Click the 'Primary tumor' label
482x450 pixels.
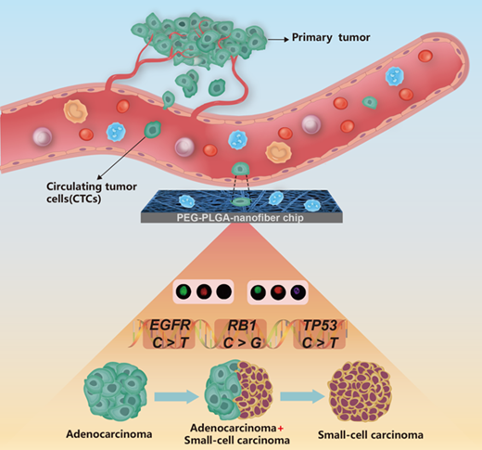click(331, 38)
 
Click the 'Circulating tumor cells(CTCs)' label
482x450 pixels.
click(92, 192)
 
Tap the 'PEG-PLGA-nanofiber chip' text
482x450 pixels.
click(240, 218)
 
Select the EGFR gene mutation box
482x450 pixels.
click(170, 334)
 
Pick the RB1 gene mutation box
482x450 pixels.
click(242, 334)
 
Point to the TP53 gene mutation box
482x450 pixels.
click(319, 334)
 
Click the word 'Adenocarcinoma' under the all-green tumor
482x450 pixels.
click(109, 434)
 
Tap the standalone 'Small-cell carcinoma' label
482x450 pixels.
click(371, 435)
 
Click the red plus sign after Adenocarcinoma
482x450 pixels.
click(281, 429)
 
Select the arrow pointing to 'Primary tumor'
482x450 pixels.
click(278, 39)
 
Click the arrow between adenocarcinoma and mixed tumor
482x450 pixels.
click(176, 396)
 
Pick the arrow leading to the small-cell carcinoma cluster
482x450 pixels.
click(302, 396)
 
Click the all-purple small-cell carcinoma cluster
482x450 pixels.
click(360, 392)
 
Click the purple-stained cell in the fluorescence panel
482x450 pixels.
click(298, 292)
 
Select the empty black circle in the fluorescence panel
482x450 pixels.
click(224, 291)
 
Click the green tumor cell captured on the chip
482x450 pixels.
click(241, 202)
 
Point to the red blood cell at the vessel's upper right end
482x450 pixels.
click(425, 57)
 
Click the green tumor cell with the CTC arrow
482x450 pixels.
click(153, 130)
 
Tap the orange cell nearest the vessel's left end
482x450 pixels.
click(75, 111)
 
